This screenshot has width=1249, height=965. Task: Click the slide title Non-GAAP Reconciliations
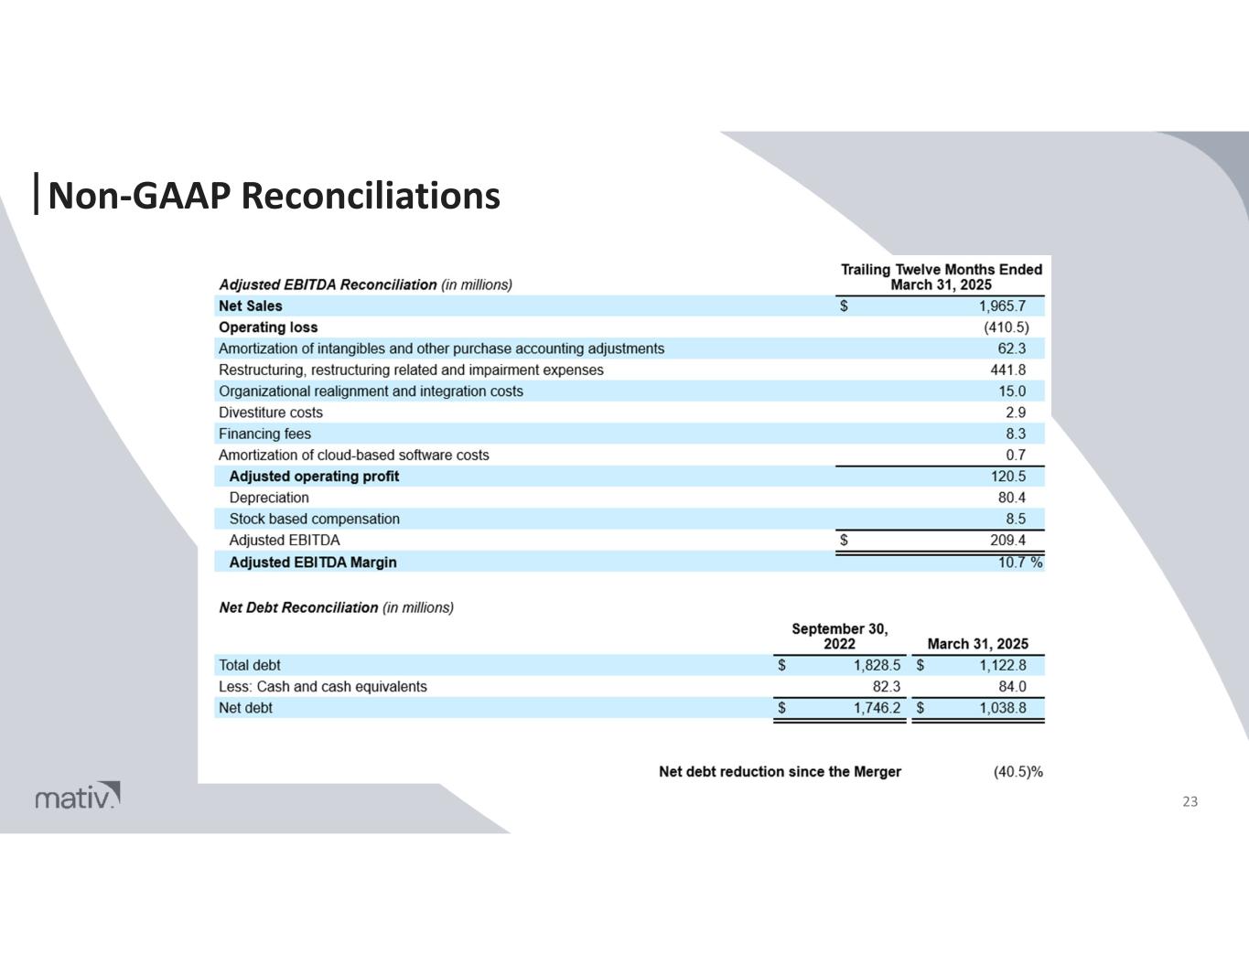274,195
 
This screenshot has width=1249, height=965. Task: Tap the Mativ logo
78,797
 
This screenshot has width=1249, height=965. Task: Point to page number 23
1190,802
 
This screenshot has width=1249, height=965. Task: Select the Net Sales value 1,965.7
1002,306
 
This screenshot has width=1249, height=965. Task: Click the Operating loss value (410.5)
1007,327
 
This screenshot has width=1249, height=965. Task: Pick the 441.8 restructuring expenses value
1008,370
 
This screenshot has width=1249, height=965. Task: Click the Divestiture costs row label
271,413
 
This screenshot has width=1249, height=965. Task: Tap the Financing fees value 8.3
1015,434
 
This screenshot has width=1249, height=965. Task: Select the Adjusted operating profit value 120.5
1008,477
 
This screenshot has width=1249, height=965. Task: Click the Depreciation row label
269,498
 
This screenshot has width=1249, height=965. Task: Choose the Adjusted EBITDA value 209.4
1008,541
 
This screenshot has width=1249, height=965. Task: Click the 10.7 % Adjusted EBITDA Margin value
1019,563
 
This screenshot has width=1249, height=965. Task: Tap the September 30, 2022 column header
839,636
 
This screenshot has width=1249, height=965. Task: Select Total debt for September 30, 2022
877,665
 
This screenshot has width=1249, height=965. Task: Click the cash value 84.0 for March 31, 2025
1012,686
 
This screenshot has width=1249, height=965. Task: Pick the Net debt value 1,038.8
1002,708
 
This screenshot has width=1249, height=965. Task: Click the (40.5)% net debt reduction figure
1018,772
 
